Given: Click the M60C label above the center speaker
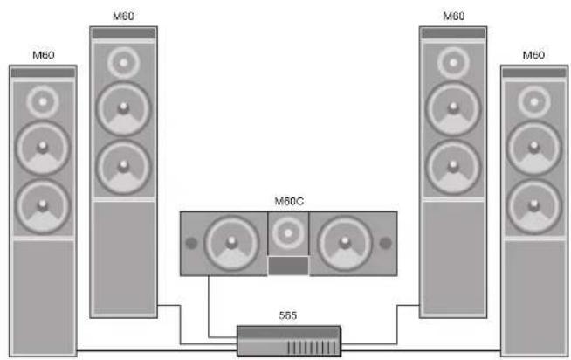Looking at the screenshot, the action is pyautogui.click(x=289, y=202).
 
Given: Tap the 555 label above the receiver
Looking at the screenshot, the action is pyautogui.click(x=288, y=315).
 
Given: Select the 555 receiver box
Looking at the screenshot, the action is pyautogui.click(x=289, y=341).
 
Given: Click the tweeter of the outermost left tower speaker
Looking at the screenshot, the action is pyautogui.click(x=43, y=102).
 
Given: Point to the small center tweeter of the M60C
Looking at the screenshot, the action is pyautogui.click(x=288, y=233).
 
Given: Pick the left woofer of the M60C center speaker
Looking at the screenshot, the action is pyautogui.click(x=231, y=243).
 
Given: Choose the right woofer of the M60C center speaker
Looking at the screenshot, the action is pyautogui.click(x=345, y=243).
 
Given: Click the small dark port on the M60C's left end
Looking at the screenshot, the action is pyautogui.click(x=191, y=243).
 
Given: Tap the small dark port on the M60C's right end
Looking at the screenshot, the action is pyautogui.click(x=386, y=243).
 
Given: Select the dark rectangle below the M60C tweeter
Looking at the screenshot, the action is pyautogui.click(x=288, y=266).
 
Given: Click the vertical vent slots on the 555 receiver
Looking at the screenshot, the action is pyautogui.click(x=313, y=347).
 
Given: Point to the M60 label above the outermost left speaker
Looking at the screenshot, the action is pyautogui.click(x=44, y=55).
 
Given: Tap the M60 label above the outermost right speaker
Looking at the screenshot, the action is pyautogui.click(x=533, y=55).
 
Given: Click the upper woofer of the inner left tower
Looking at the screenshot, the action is pyautogui.click(x=123, y=109).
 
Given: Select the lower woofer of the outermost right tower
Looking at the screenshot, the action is pyautogui.click(x=533, y=206).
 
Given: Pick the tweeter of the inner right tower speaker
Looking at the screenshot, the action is pyautogui.click(x=453, y=63).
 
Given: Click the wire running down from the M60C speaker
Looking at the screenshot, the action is pyautogui.click(x=209, y=307).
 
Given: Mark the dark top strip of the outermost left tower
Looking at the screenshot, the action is pyautogui.click(x=43, y=73).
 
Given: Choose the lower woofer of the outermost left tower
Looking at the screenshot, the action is pyautogui.click(x=43, y=206).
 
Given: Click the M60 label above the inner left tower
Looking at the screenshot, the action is pyautogui.click(x=123, y=16).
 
